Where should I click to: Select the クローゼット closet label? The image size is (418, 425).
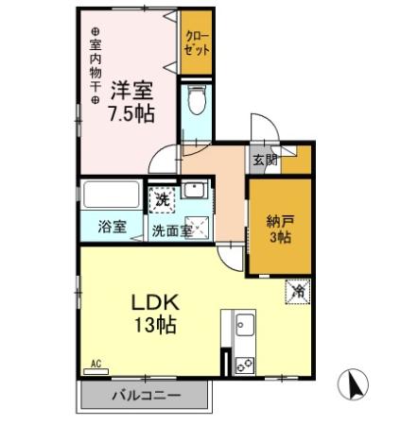point(198,44)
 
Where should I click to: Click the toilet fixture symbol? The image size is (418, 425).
point(196,99)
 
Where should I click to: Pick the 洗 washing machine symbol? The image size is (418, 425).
point(162,199)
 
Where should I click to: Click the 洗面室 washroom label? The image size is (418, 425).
point(173,228)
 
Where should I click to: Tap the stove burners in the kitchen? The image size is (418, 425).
point(244,361)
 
